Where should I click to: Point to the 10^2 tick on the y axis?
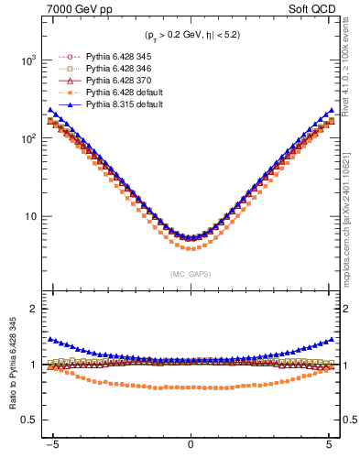[28, 138]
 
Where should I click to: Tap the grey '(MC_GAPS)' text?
[190, 274]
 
